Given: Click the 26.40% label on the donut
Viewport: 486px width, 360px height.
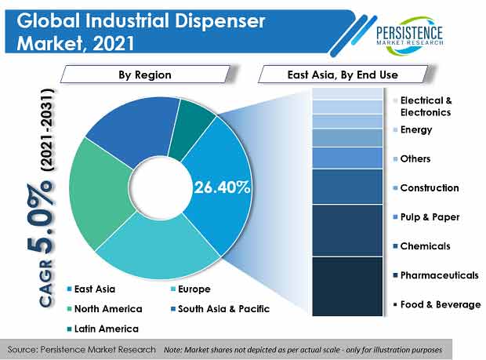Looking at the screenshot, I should click(x=222, y=187).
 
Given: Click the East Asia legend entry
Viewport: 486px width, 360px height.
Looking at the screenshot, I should click(x=95, y=289).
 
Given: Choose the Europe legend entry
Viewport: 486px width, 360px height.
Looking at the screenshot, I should click(x=192, y=289).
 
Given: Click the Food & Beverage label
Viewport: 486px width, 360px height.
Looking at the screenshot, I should click(x=440, y=304).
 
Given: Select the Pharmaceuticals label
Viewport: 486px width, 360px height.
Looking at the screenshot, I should click(x=439, y=275).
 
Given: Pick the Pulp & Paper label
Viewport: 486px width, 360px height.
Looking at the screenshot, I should click(x=429, y=217).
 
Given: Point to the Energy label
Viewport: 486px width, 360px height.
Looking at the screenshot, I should click(x=415, y=129).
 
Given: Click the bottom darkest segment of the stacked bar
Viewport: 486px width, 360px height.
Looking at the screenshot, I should click(x=352, y=286).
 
